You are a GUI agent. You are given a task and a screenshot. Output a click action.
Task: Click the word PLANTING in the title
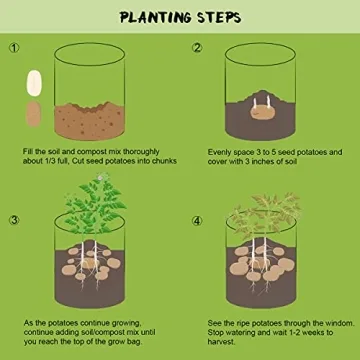pyautogui.click(x=151, y=17)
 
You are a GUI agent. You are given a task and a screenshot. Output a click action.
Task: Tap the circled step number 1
pyautogui.click(x=14, y=47)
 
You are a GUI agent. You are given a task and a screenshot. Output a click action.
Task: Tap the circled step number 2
pyautogui.click(x=198, y=47)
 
